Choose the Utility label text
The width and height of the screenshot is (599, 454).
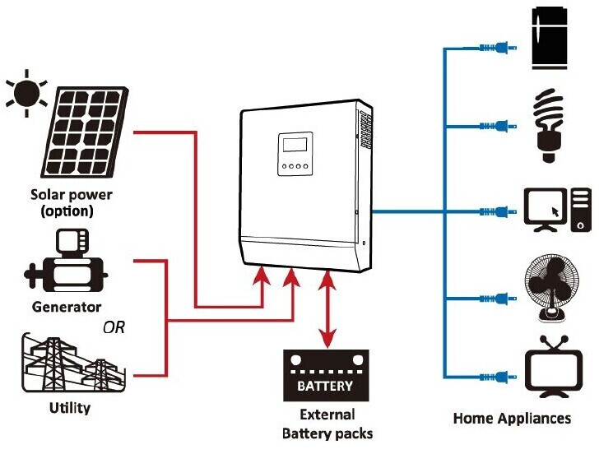pos(70,407)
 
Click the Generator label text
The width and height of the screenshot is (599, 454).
pos(66,307)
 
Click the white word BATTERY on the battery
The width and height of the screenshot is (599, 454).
pos(325,386)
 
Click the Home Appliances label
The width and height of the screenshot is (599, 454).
pos(512,419)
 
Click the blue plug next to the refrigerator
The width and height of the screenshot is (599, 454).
pos(498,49)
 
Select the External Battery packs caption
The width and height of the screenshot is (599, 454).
pos(327,424)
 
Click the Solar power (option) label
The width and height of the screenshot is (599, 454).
pos(72,203)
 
